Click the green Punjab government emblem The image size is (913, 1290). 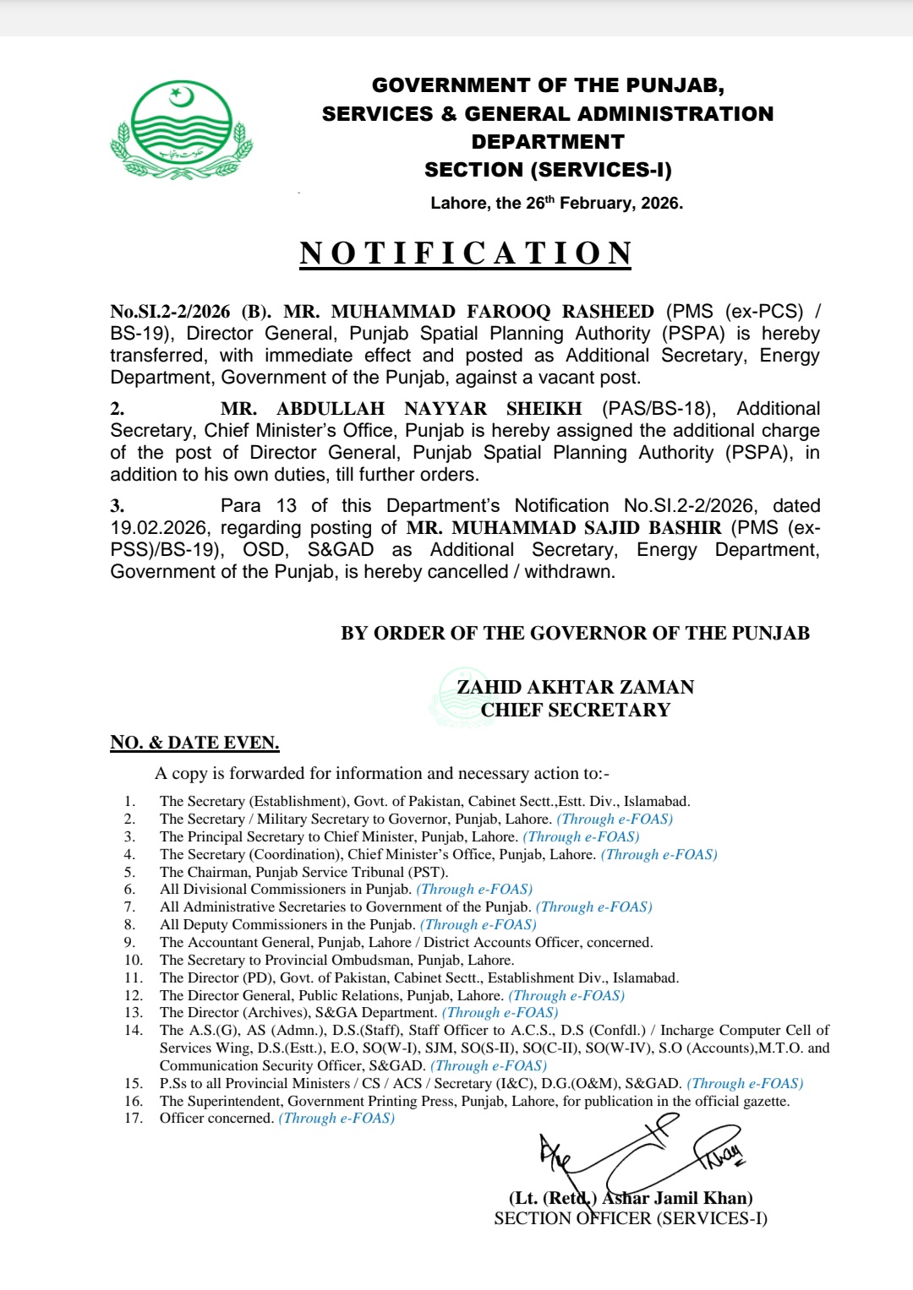pos(181,129)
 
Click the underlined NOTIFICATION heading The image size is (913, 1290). pos(466,253)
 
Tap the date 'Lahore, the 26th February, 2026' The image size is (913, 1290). pos(556,203)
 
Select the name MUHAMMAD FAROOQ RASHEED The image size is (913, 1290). pos(492,312)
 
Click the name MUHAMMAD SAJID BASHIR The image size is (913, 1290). pos(564,528)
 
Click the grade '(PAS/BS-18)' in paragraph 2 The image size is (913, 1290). pos(659,409)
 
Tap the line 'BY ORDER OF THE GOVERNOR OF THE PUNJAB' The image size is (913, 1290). pos(575,634)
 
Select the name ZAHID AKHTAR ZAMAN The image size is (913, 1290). pos(576,687)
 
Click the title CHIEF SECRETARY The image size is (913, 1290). pos(576,710)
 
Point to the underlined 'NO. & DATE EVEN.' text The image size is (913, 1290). pos(194,743)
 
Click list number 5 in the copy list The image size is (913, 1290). pos(129,872)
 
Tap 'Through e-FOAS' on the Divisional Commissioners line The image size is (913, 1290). pos(474,889)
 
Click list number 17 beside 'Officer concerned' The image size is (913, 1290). pos(133,1118)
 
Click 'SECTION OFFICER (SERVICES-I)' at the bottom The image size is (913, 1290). pos(631,1218)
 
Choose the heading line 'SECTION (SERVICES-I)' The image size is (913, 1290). pos(548,170)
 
